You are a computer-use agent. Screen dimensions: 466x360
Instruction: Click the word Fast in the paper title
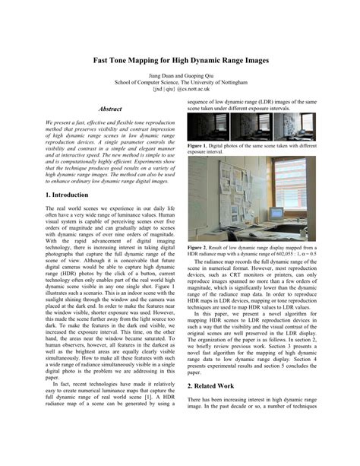pos(103,59)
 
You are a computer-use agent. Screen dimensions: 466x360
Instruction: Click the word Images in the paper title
pos(253,59)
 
